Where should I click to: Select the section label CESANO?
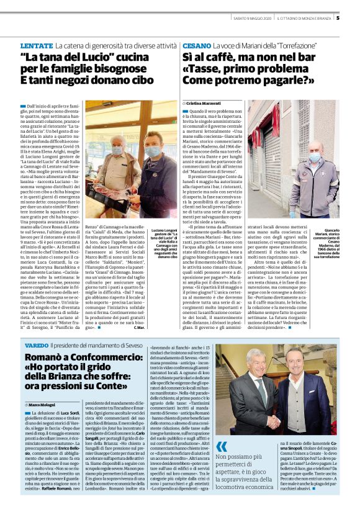click(196, 47)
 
